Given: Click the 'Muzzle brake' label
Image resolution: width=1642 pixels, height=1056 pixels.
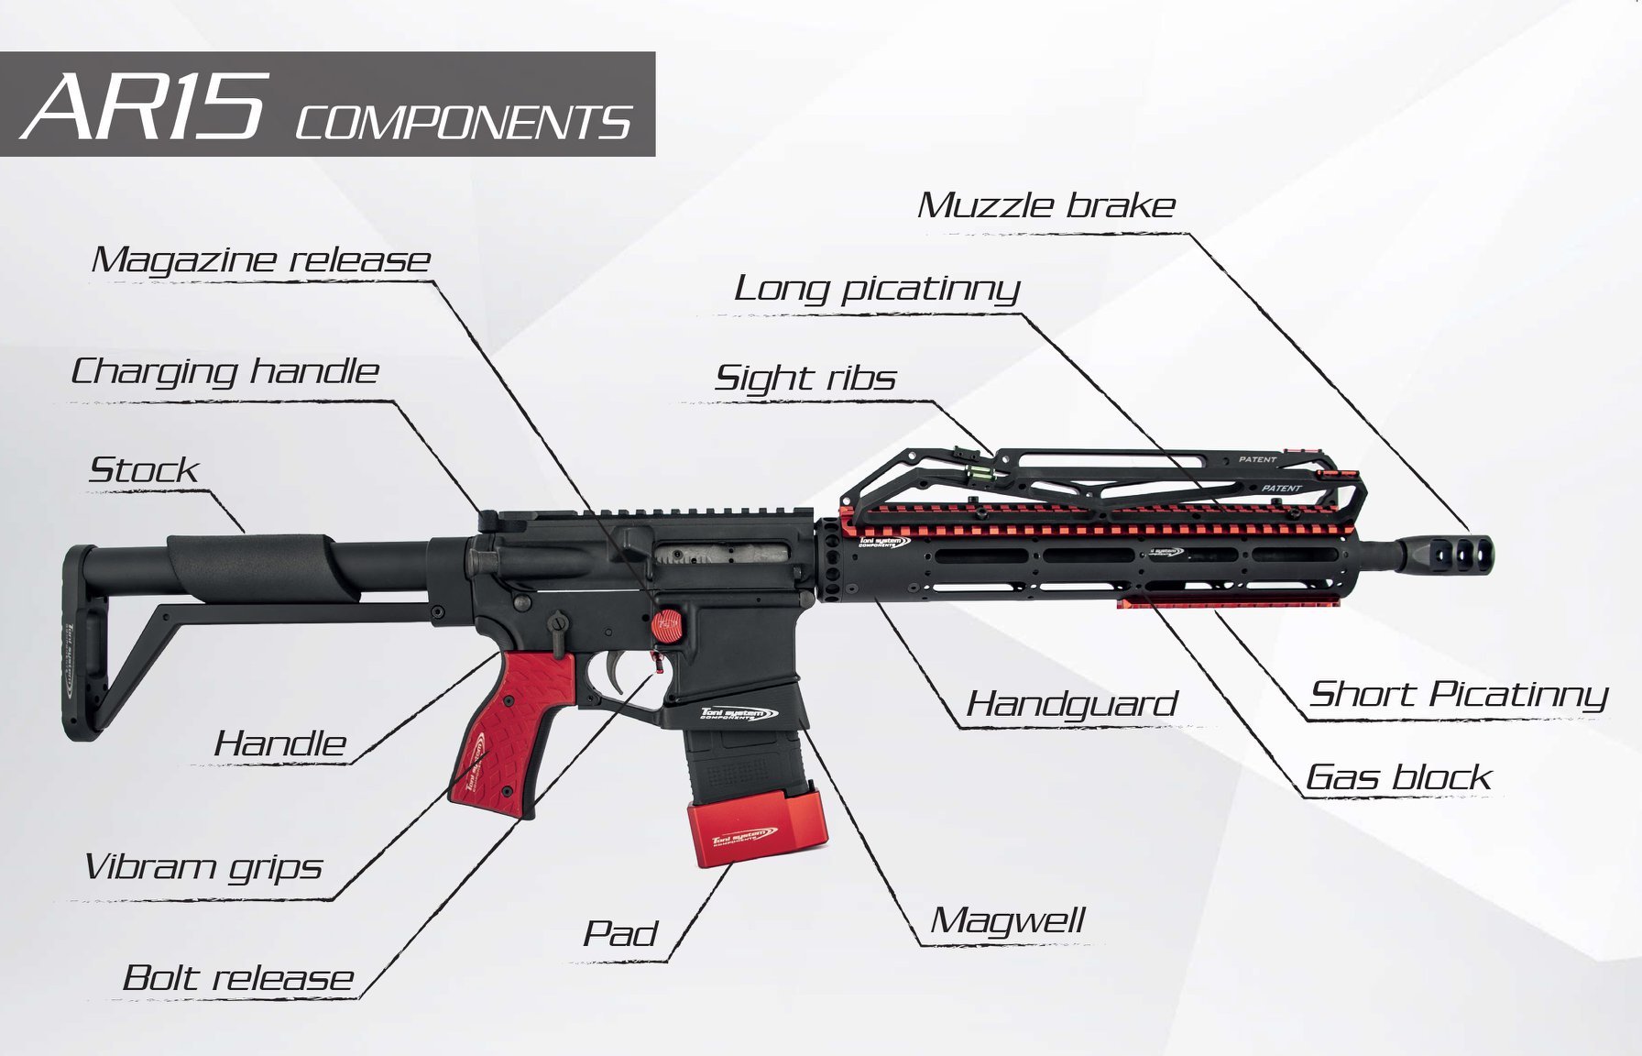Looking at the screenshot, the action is click(1046, 205).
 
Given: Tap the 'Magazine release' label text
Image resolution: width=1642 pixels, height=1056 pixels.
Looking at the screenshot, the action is click(261, 260).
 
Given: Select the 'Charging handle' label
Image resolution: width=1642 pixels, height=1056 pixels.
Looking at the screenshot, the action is click(224, 372).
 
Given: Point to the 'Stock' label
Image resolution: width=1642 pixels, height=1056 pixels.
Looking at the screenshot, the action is click(144, 470).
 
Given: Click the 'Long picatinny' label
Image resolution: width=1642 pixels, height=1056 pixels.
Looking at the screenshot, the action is click(877, 290).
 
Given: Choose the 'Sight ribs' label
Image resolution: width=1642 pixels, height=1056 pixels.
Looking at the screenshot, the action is click(805, 379).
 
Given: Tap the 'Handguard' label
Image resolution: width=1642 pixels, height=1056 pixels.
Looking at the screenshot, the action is click(1072, 705).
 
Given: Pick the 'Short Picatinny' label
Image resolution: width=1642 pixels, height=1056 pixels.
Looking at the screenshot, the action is click(1459, 695).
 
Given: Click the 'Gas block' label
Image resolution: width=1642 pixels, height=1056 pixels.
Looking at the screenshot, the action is click(1398, 777).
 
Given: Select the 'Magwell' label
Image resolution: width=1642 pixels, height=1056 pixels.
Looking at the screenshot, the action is click(1008, 920).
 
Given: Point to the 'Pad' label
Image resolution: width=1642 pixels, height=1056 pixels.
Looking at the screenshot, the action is click(620, 934).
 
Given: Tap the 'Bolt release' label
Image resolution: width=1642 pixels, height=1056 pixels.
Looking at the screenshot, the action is click(238, 978).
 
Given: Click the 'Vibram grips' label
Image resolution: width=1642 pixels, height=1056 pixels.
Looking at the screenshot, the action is click(203, 867).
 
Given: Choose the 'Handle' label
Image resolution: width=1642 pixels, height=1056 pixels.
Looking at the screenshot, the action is click(279, 743).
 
